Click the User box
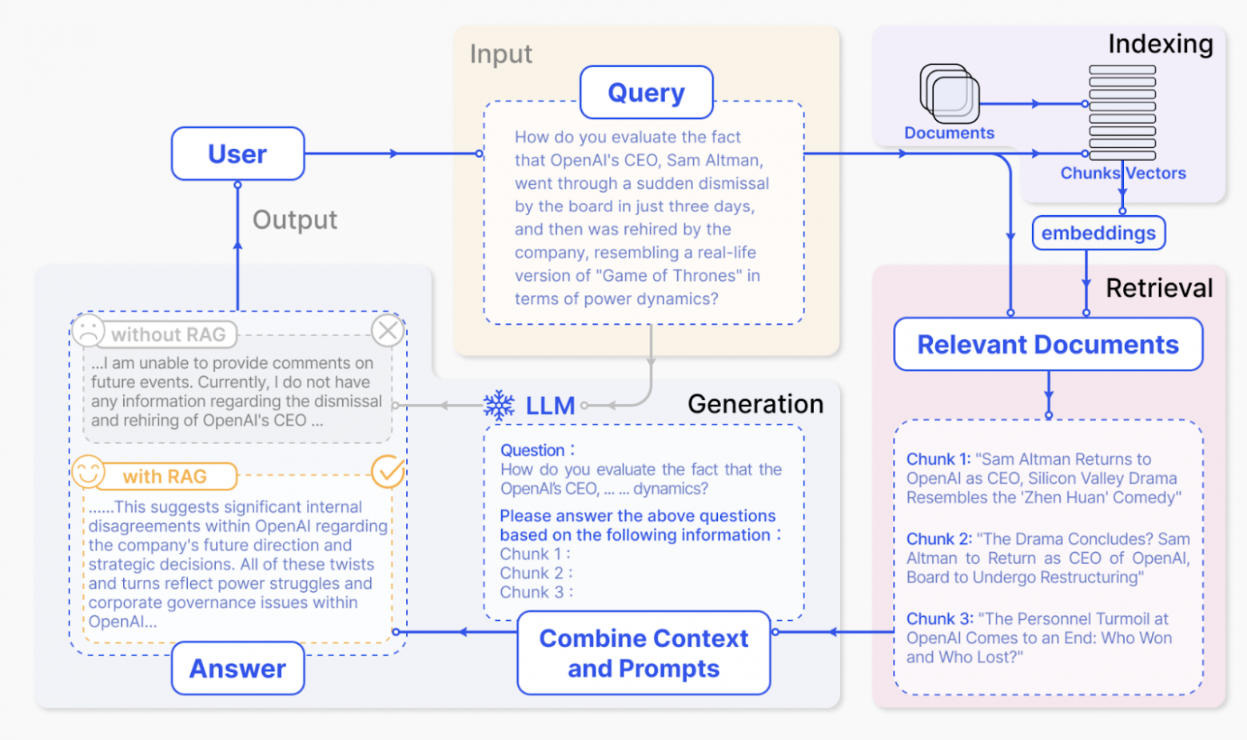(237, 154)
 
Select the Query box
(647, 92)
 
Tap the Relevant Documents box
(1048, 344)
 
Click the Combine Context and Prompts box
(643, 653)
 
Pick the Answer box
(237, 668)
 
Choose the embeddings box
(1098, 233)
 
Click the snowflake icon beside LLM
(499, 405)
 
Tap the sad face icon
(88, 330)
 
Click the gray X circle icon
(388, 330)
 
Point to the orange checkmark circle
(388, 472)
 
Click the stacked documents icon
(950, 94)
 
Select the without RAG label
(168, 334)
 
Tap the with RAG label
(165, 477)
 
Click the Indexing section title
(1160, 43)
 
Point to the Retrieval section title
(1159, 288)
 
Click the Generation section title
(755, 404)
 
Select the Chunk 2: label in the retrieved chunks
(938, 539)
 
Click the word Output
(294, 219)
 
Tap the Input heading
(501, 54)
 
